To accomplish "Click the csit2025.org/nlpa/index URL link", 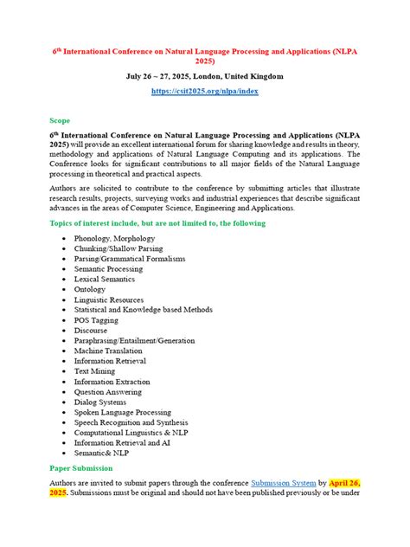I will tap(205, 91).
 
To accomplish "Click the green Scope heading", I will tap(60, 120).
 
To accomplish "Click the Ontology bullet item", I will tap(91, 289).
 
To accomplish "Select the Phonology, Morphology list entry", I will tap(114, 238).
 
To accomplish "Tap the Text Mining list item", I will tap(96, 370).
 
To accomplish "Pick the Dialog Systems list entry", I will tap(101, 402).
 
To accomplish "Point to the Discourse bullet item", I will tap(91, 330).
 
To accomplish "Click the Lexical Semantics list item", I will tap(106, 279).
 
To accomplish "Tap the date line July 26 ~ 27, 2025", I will tap(205, 77).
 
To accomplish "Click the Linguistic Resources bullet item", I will tap(110, 299).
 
